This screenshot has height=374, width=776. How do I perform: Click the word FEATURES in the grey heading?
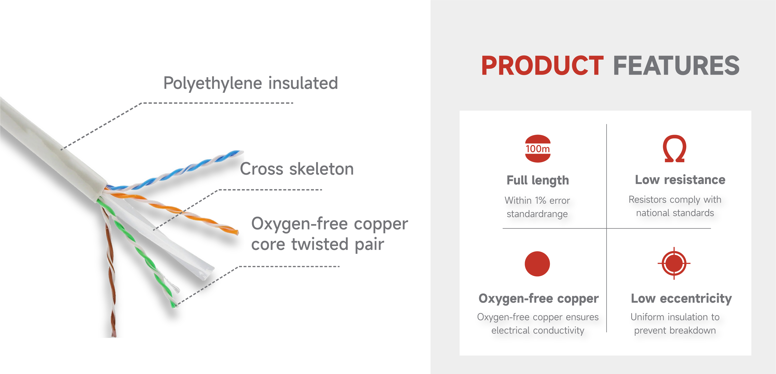click(676, 65)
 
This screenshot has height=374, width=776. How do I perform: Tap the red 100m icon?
click(538, 148)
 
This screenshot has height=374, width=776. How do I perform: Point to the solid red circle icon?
click(537, 264)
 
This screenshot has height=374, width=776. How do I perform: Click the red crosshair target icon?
click(674, 264)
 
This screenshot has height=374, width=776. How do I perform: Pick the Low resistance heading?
click(680, 180)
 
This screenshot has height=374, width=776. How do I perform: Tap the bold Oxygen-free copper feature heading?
click(538, 298)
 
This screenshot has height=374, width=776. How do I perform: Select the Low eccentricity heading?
click(681, 298)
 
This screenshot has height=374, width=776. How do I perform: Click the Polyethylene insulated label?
click(251, 83)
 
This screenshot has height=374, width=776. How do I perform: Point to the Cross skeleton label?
click(297, 169)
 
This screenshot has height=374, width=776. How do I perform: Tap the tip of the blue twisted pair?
click(241, 152)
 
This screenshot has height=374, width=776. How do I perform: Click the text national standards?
click(675, 213)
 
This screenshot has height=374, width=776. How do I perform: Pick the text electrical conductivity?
click(538, 330)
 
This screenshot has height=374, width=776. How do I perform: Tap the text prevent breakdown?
click(675, 330)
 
